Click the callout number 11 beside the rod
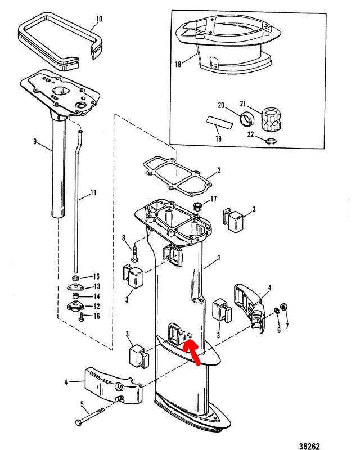click(93, 192)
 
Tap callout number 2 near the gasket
click(219, 169)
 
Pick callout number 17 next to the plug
click(213, 200)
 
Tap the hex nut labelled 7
click(284, 307)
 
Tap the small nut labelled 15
click(75, 278)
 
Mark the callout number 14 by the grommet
click(96, 296)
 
